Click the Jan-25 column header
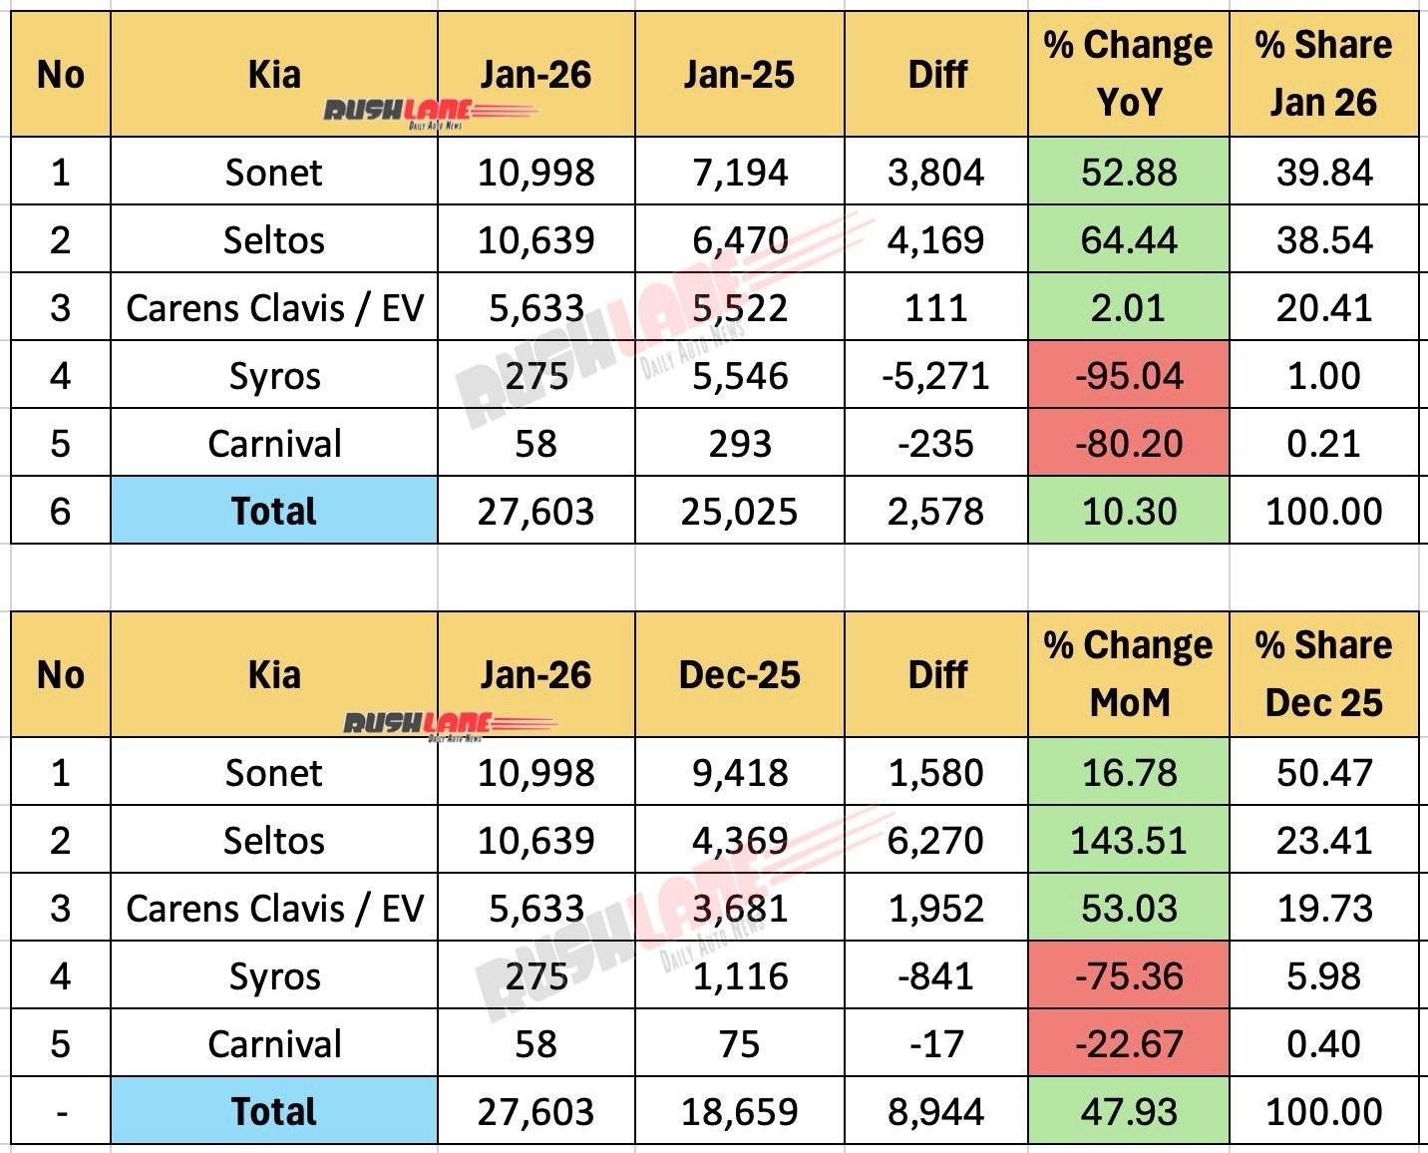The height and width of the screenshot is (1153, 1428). pyautogui.click(x=739, y=75)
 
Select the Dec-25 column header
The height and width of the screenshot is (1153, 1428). pyautogui.click(x=739, y=675)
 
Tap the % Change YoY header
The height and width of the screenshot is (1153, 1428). pyautogui.click(x=1128, y=74)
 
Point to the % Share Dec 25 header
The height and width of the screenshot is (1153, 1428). pyautogui.click(x=1323, y=674)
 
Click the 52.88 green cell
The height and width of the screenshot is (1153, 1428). pyautogui.click(x=1128, y=173)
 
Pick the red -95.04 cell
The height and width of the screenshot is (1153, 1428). pyautogui.click(x=1128, y=376)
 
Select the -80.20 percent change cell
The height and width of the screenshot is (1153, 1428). pyautogui.click(x=1128, y=444)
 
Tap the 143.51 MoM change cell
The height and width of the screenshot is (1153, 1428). pyautogui.click(x=1128, y=841)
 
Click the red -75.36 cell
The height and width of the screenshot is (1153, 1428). pyautogui.click(x=1128, y=976)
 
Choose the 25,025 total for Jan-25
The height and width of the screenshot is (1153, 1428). pyautogui.click(x=739, y=512)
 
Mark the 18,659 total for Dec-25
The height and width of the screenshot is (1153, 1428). pyautogui.click(x=739, y=1112)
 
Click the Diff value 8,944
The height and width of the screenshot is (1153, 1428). pyautogui.click(x=935, y=1112)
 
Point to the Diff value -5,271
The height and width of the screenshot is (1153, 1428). pyautogui.click(x=935, y=376)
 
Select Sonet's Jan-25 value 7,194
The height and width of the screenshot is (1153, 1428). pyautogui.click(x=739, y=173)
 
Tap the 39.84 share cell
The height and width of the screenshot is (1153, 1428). pyautogui.click(x=1323, y=173)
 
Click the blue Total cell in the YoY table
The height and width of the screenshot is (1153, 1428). pyautogui.click(x=273, y=512)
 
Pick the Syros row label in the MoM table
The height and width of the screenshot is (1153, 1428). pyautogui.click(x=273, y=976)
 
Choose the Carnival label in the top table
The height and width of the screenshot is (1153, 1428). pyautogui.click(x=273, y=444)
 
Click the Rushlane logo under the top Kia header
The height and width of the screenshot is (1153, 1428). pyautogui.click(x=429, y=113)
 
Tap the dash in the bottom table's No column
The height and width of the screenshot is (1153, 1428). pyautogui.click(x=61, y=1112)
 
